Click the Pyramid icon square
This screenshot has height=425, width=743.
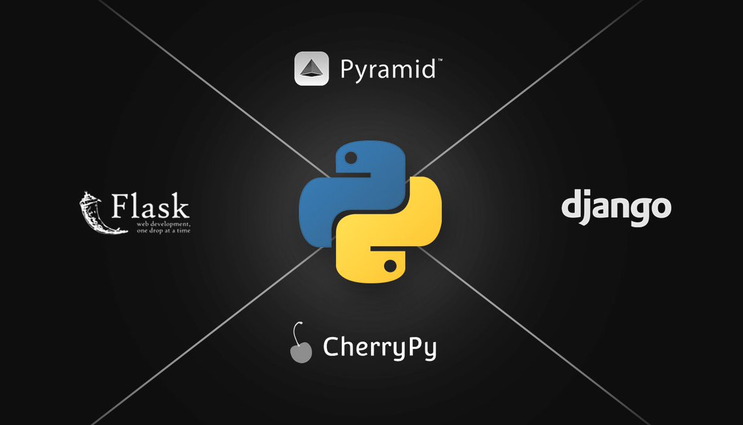click(310, 69)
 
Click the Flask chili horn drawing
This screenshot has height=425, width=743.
click(93, 213)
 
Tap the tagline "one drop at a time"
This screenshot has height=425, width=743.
click(159, 230)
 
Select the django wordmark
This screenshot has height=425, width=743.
click(616, 208)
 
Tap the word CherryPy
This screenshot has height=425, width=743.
click(380, 348)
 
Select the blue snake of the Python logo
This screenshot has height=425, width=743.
click(334, 192)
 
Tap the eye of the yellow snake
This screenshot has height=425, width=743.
click(389, 267)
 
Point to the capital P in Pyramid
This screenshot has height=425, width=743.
click(347, 70)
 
